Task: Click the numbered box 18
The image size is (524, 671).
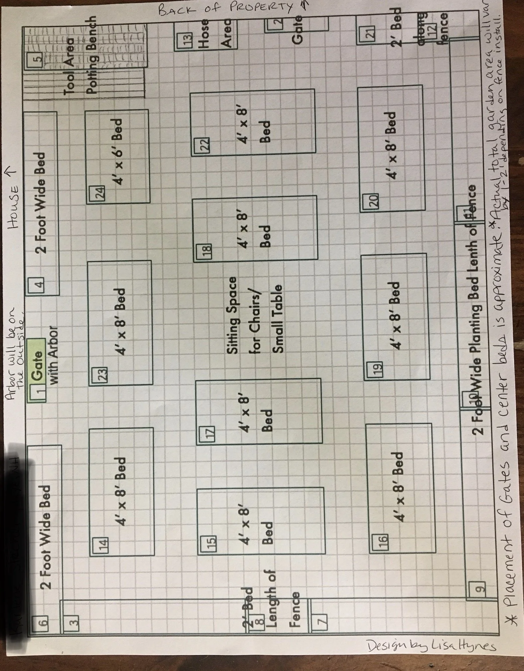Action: [x=206, y=250]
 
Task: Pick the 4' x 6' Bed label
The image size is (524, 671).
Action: [x=120, y=152]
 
